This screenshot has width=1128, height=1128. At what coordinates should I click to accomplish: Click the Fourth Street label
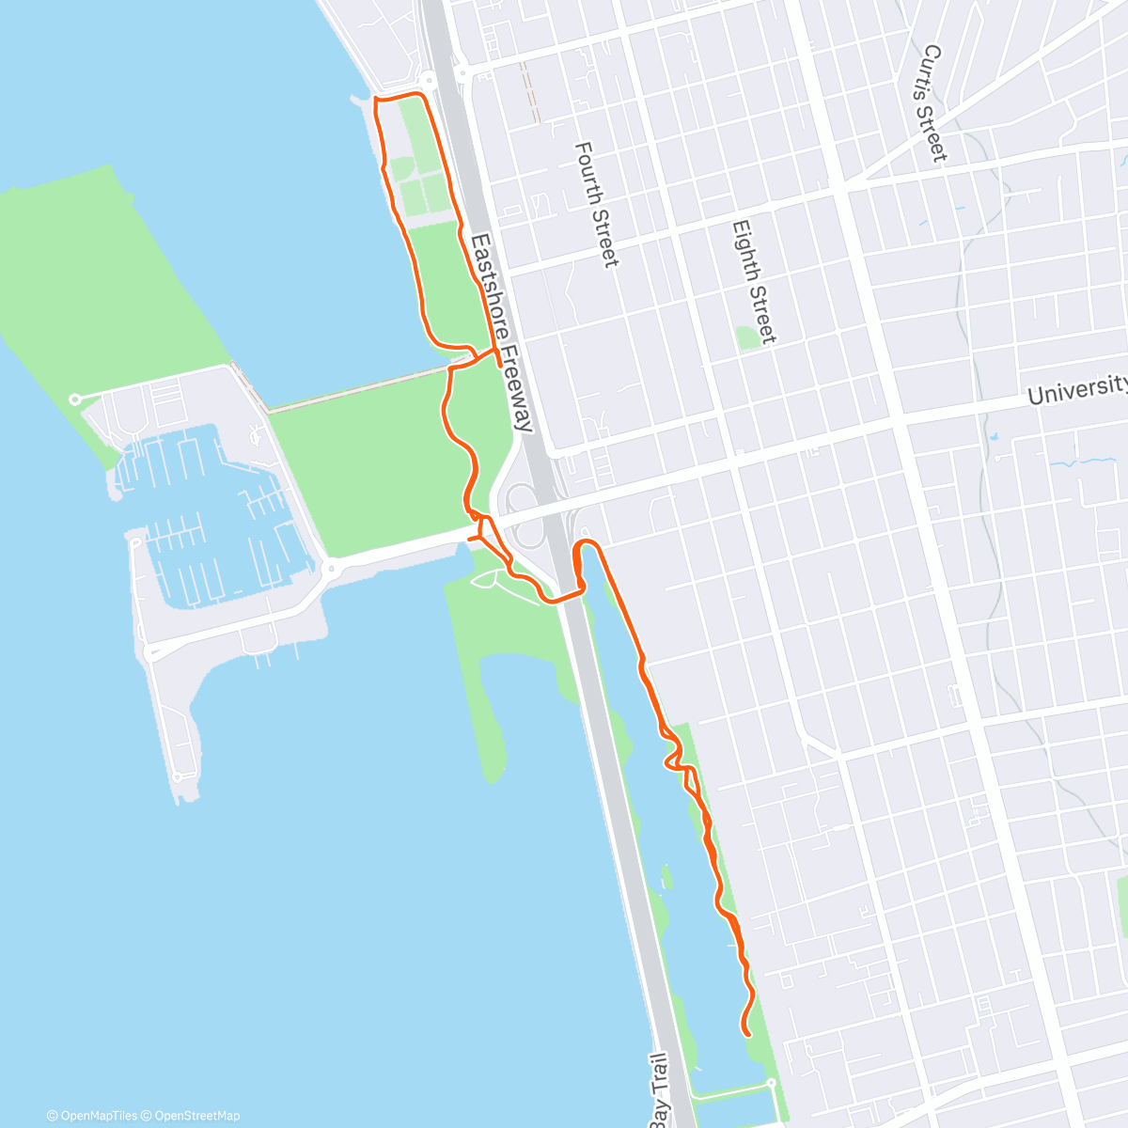click(x=597, y=204)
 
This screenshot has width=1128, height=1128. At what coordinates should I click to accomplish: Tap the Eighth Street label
click(x=754, y=282)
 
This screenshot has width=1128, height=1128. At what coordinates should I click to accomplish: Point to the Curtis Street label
click(x=933, y=103)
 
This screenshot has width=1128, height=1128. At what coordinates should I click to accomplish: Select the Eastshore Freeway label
click(x=502, y=333)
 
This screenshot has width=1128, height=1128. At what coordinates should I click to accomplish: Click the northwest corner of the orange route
click(x=376, y=99)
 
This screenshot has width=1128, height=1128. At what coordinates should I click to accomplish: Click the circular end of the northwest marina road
click(x=75, y=399)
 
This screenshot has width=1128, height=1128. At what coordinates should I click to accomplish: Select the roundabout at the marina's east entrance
click(x=330, y=569)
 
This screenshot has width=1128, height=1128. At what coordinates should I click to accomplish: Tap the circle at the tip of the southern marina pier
click(x=178, y=777)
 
